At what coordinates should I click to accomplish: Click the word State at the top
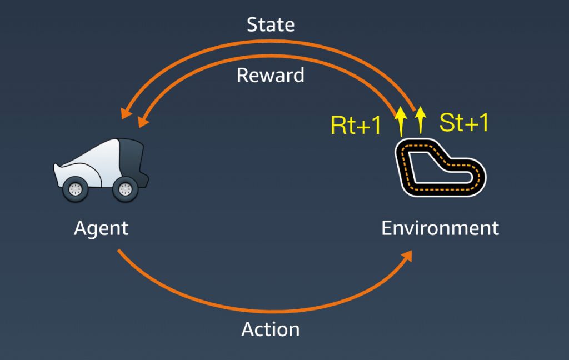271,24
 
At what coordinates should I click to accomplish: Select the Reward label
271,75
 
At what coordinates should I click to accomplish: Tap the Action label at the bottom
271,329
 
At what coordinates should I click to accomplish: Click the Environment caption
440,228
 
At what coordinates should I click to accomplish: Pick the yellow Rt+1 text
356,125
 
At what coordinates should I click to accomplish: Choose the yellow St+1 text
464,122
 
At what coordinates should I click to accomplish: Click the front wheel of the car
76,189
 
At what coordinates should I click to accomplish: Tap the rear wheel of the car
125,189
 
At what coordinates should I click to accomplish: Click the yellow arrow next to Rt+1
401,121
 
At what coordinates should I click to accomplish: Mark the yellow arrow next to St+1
420,120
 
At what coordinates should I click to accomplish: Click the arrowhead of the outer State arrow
126,112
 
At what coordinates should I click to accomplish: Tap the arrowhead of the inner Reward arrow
143,122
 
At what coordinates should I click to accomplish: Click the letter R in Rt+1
338,125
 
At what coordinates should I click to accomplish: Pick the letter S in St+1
446,122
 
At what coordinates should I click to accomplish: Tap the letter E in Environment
387,228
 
